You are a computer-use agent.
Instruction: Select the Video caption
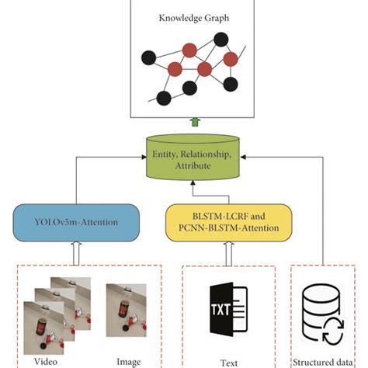(45, 360)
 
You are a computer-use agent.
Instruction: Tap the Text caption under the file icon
(228, 362)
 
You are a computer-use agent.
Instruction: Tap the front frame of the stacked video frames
(42, 327)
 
